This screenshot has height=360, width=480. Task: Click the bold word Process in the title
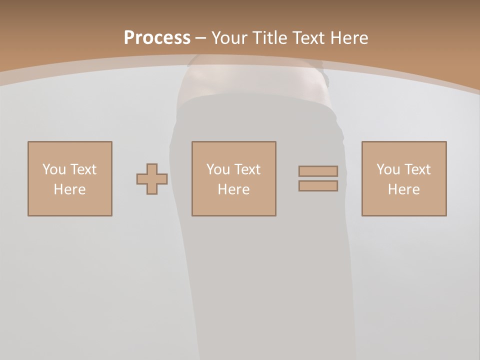(157, 38)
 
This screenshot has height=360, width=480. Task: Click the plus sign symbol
(152, 179)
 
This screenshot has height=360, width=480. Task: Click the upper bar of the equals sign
(318, 171)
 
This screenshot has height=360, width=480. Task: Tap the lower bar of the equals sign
(318, 186)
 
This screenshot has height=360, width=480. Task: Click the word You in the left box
(54, 169)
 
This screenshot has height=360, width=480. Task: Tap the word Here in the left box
(70, 189)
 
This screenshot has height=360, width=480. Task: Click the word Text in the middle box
(247, 169)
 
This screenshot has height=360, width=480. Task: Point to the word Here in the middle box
(234, 189)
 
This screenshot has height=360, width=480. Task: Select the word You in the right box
(388, 169)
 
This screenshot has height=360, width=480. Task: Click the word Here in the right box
(404, 189)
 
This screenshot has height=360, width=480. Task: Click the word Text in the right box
(417, 169)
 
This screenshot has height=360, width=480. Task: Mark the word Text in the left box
(83, 169)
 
